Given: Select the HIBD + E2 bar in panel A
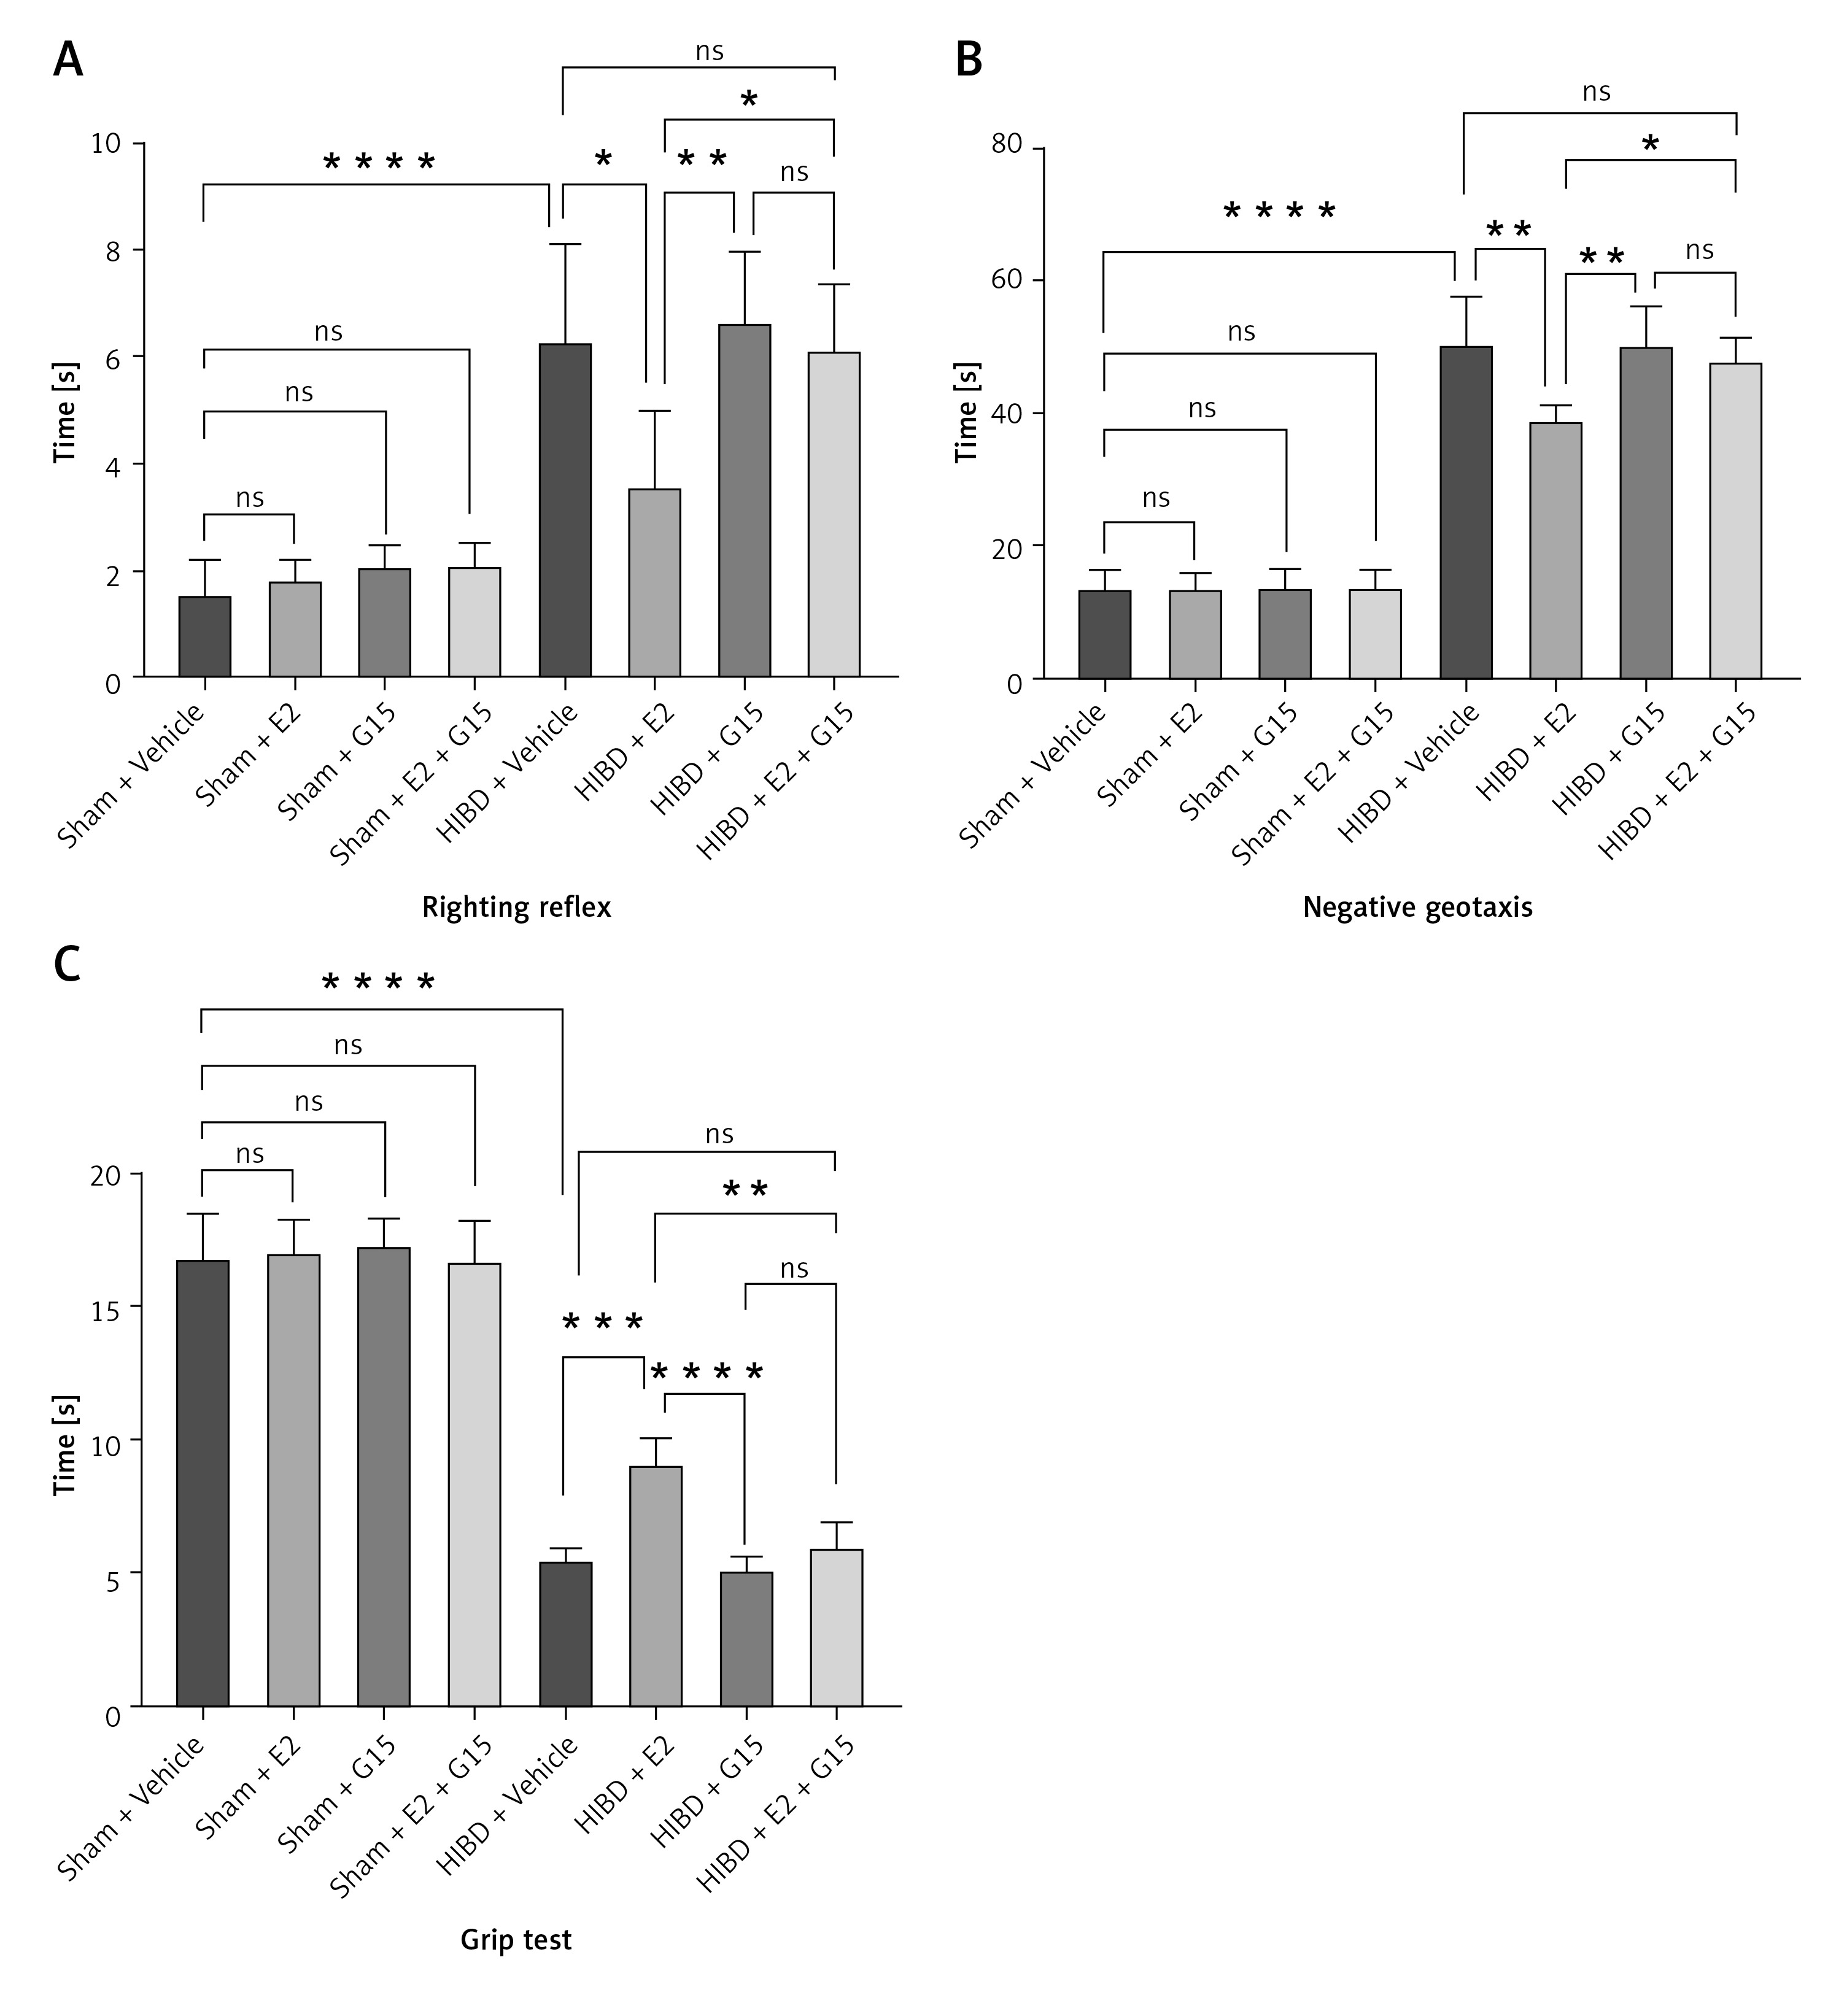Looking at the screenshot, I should tap(654, 583).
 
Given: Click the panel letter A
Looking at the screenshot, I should tap(68, 60).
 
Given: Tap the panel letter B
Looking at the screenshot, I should tap(969, 60).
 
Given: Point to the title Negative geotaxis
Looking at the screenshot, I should tap(1417, 906).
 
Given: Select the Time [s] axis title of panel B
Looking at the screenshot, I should tap(967, 412).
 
